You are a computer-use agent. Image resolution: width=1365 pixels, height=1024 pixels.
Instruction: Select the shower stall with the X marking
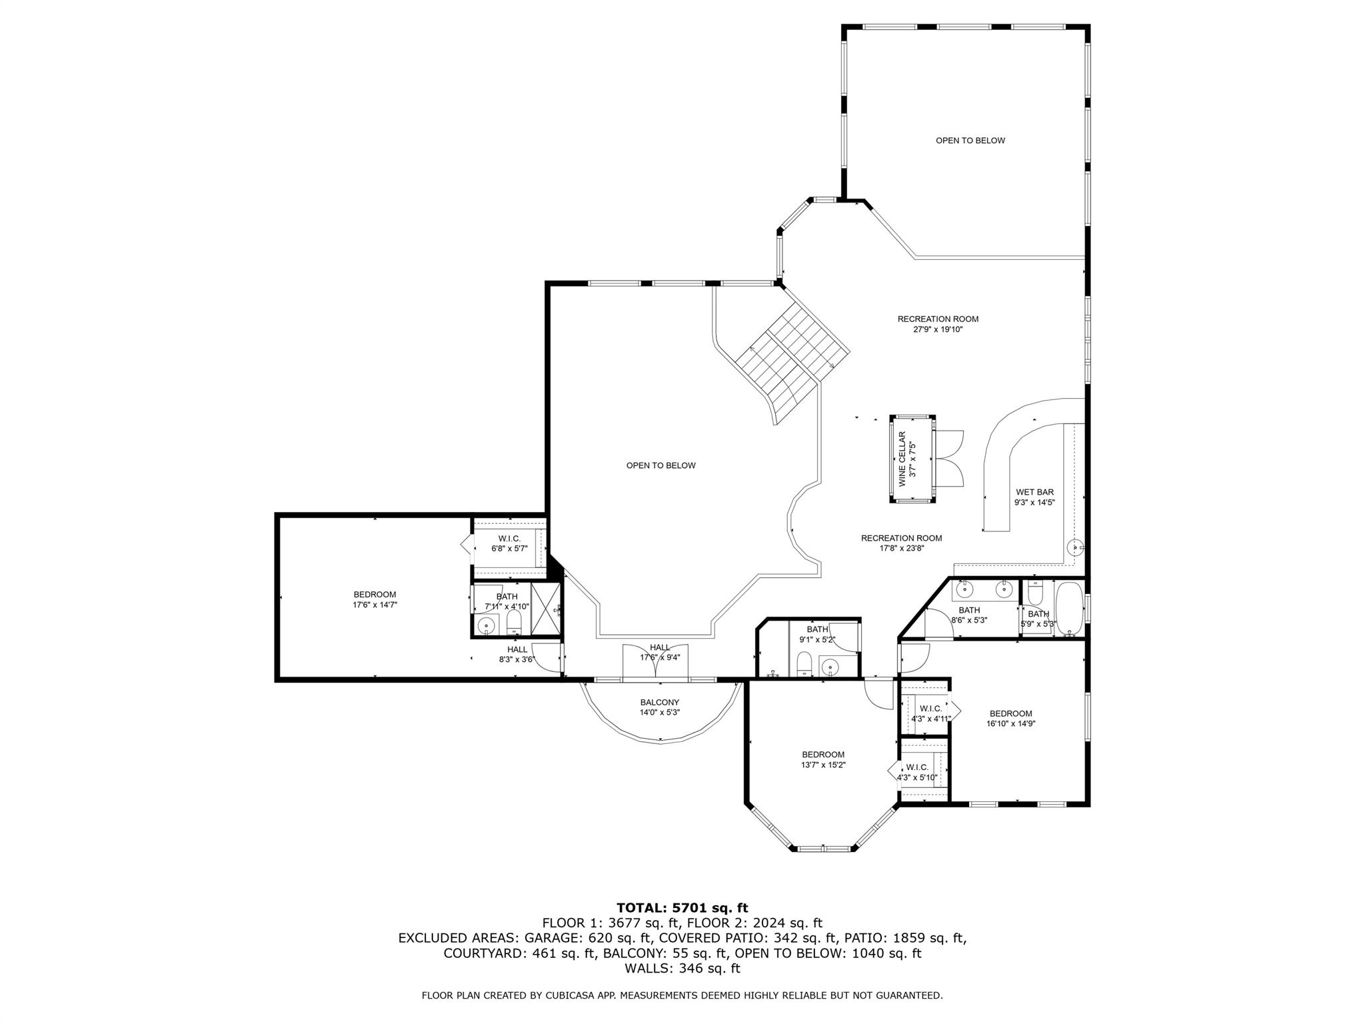(x=546, y=609)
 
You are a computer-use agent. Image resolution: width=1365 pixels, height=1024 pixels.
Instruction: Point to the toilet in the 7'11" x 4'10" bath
(x=514, y=623)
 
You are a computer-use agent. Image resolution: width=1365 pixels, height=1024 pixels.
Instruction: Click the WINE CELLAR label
(x=902, y=459)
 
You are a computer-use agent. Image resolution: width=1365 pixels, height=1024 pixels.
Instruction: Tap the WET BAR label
(x=1034, y=492)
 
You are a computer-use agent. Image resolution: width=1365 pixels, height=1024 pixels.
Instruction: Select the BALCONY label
(x=660, y=702)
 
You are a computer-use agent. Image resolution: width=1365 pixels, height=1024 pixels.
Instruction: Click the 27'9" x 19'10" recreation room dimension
(x=938, y=329)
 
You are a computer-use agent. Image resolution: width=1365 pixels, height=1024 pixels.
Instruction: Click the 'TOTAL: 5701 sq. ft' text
(x=682, y=907)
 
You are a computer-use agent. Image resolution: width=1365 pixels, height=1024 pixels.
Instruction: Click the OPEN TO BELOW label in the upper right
(x=970, y=141)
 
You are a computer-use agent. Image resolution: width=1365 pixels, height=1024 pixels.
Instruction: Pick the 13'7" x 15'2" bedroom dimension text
(x=823, y=765)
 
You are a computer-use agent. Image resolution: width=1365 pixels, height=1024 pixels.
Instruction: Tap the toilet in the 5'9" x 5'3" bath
(x=1035, y=591)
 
